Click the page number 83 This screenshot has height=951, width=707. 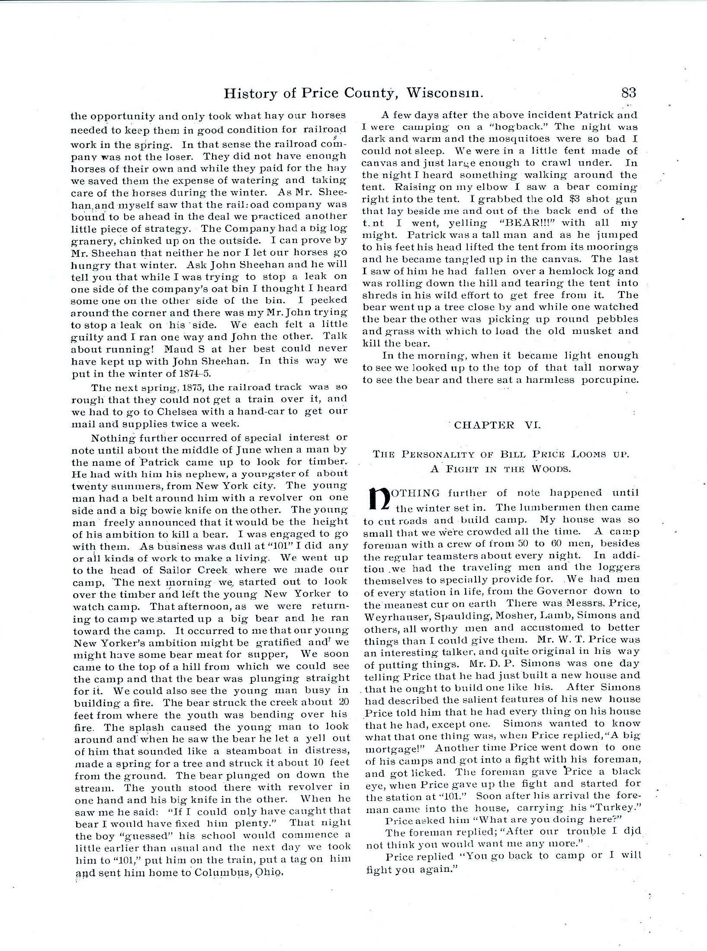[x=628, y=93]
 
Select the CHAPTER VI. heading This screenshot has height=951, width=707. [x=497, y=425]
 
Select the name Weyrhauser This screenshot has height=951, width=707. [x=392, y=615]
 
